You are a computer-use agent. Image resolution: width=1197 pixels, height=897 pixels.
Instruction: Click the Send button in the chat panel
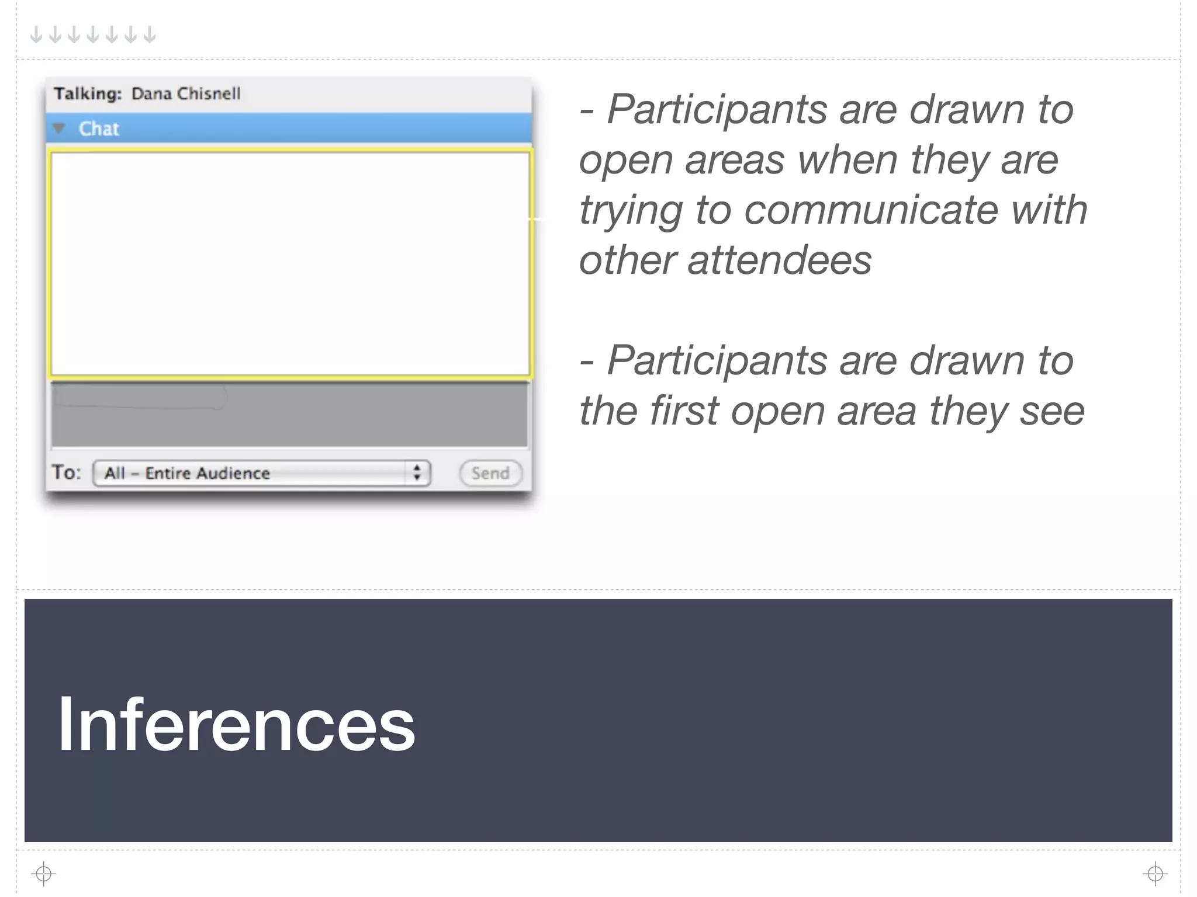[x=490, y=473]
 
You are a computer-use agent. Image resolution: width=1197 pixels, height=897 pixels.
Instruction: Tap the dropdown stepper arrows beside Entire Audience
[x=417, y=472]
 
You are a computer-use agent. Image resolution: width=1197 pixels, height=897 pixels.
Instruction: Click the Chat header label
[x=99, y=128]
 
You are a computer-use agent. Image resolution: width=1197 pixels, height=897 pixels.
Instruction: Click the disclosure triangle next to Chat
[x=59, y=128]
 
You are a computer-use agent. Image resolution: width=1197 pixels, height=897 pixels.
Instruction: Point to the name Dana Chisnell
[x=186, y=93]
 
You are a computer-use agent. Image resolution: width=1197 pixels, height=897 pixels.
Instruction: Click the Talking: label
[x=88, y=93]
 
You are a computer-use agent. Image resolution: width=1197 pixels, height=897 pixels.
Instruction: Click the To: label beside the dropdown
[x=66, y=472]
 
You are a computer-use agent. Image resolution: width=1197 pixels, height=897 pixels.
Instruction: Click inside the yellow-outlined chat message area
[x=290, y=263]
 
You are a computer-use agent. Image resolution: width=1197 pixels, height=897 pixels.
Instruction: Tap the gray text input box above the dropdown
[x=290, y=415]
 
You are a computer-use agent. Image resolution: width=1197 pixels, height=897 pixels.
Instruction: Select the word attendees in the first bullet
[x=780, y=260]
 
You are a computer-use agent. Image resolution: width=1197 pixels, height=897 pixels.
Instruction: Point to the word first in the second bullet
[x=684, y=411]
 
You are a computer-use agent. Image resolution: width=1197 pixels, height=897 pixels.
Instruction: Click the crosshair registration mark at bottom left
[x=44, y=874]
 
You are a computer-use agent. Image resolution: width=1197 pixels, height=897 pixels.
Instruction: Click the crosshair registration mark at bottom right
[x=1155, y=874]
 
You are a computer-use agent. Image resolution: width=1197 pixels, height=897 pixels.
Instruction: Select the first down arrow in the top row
[x=36, y=35]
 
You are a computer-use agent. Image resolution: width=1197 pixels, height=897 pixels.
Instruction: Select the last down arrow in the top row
[x=150, y=35]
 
